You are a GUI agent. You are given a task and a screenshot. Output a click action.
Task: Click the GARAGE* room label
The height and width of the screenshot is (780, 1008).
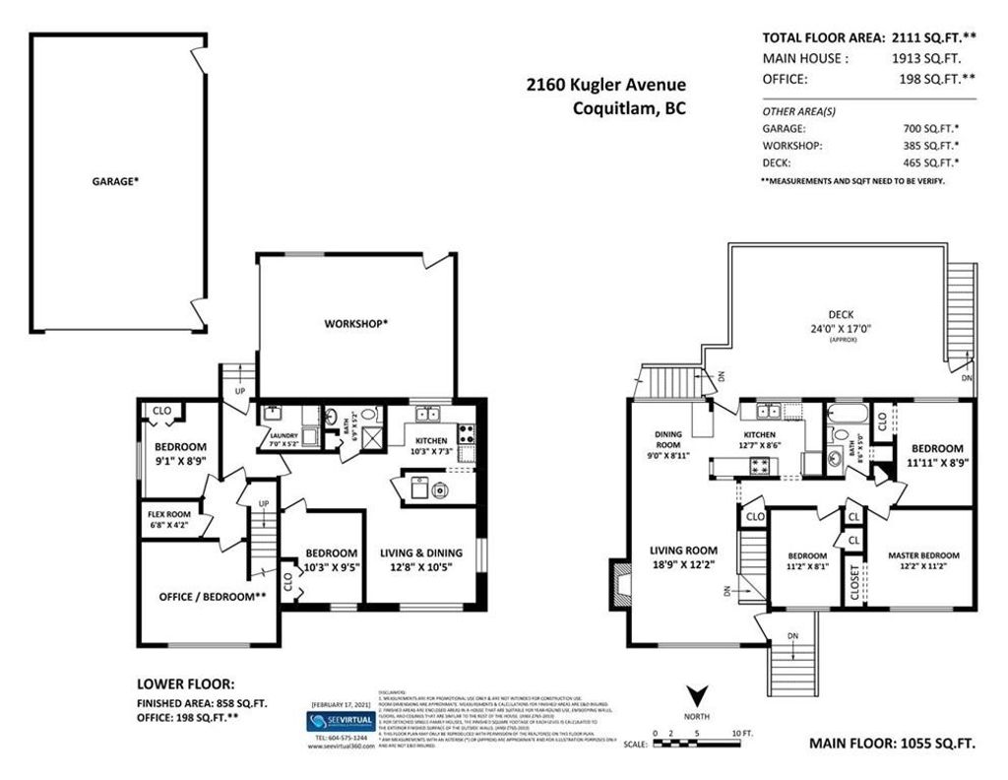tap(115, 181)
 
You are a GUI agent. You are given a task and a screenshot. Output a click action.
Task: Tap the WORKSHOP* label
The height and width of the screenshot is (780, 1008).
tap(356, 323)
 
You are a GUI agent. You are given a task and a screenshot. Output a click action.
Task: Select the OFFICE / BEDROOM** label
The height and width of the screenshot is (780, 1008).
tap(213, 596)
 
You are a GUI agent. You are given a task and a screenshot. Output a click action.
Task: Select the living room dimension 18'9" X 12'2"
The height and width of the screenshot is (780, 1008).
tap(682, 566)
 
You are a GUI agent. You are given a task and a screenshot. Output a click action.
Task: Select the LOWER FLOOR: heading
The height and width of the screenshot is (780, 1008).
tap(185, 682)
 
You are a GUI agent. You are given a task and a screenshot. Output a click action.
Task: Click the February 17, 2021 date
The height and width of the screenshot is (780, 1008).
tap(342, 704)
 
